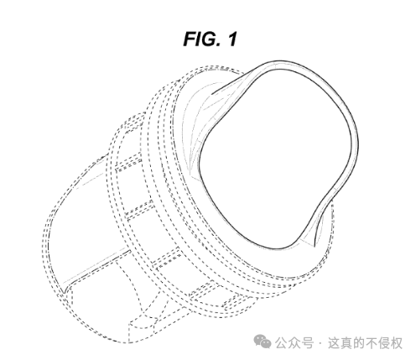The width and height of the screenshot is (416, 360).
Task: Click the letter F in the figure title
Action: pyautogui.click(x=191, y=39)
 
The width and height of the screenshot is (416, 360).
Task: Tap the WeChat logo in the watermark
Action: pyautogui.click(x=262, y=342)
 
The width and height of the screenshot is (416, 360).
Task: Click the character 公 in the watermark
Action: pyautogui.click(x=282, y=342)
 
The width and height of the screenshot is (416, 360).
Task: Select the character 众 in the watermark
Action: pyautogui.click(x=294, y=342)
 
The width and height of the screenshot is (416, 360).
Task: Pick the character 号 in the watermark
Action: pyautogui.click(x=307, y=342)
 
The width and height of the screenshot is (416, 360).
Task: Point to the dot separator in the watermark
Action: pyautogui.click(x=320, y=343)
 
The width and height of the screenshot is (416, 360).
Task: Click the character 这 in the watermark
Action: pyautogui.click(x=334, y=342)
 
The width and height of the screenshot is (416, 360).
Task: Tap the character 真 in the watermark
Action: pyautogui.click(x=346, y=342)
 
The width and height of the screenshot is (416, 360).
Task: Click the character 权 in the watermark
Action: pyautogui.click(x=397, y=342)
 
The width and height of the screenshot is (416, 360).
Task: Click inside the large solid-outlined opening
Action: pyautogui.click(x=277, y=157)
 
